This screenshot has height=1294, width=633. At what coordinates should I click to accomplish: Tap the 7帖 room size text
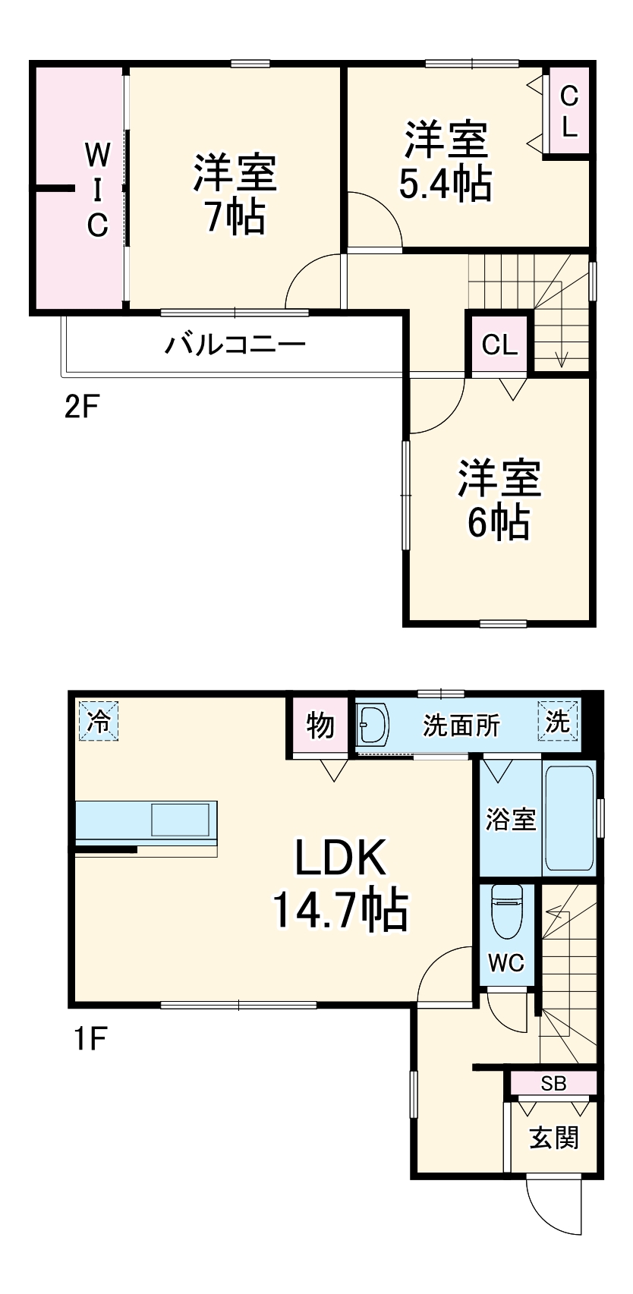tap(234, 217)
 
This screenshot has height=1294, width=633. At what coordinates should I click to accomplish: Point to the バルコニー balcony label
tap(235, 345)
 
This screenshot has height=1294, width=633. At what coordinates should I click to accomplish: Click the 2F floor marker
tap(81, 408)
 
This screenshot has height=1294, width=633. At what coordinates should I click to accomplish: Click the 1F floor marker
tap(89, 1037)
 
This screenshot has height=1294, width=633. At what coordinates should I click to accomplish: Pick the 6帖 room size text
tap(498, 522)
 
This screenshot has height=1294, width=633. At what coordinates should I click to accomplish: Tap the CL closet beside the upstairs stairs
tap(499, 345)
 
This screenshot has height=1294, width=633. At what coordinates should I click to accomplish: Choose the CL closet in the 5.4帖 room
tap(568, 112)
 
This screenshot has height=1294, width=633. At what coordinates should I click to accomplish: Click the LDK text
tap(341, 858)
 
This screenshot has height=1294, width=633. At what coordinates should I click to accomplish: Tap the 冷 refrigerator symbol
tap(98, 720)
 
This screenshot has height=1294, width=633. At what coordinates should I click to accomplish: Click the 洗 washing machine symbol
tap(558, 721)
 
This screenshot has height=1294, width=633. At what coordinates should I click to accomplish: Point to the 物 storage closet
tap(320, 726)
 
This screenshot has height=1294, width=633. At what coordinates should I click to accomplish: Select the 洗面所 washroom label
tap(461, 726)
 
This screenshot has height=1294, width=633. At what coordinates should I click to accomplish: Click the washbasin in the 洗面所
tap(373, 726)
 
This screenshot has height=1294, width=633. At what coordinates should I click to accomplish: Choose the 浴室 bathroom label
tap(511, 820)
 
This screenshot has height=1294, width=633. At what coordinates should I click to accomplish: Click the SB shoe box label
tap(553, 1083)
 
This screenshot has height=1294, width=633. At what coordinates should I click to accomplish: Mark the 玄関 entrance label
tap(554, 1137)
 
